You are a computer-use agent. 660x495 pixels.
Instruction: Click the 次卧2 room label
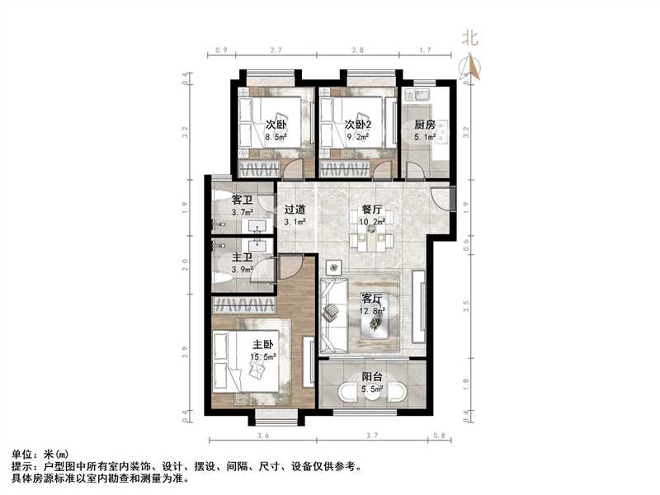358,125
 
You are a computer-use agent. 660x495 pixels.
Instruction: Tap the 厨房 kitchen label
425,125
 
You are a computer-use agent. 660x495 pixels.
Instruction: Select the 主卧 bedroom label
262,345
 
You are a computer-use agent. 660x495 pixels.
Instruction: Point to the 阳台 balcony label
372,377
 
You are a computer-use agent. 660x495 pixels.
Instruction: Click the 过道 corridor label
295,210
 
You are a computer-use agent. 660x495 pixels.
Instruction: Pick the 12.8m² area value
373,312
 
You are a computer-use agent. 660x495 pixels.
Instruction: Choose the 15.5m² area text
263,357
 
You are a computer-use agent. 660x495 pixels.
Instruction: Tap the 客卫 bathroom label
243,200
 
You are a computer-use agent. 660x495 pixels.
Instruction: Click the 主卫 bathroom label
243,257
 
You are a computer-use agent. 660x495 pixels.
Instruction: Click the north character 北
470,38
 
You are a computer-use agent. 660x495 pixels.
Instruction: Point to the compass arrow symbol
472,67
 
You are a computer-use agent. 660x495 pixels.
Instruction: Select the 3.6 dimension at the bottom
262,436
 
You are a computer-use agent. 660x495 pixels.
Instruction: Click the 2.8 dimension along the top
358,50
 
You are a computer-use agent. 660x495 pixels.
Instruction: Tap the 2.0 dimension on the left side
185,264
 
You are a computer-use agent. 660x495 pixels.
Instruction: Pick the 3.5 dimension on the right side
465,305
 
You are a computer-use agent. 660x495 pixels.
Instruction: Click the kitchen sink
417,94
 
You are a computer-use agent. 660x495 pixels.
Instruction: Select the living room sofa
334,315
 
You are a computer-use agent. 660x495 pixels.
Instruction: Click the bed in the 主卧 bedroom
246,361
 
